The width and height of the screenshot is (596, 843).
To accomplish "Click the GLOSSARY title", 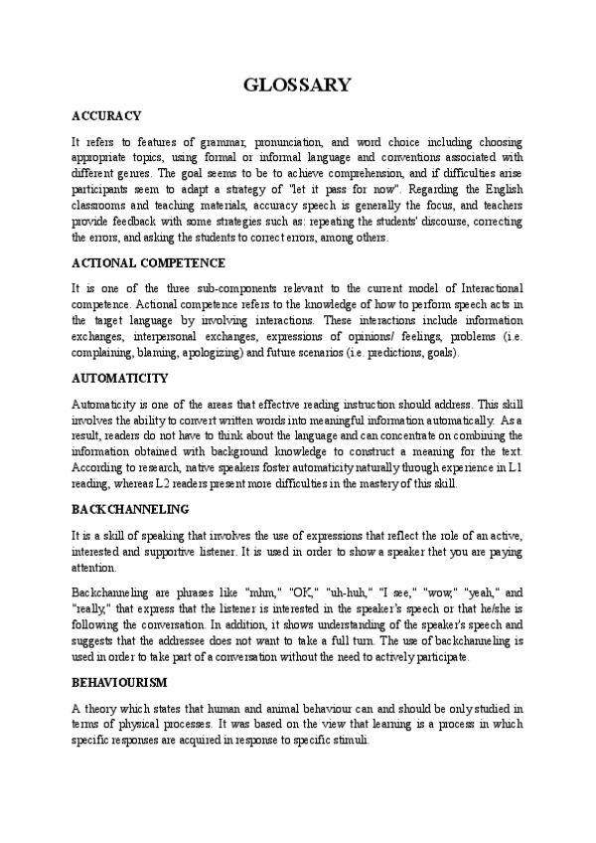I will [297, 84].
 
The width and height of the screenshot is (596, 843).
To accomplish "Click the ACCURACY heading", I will [106, 116].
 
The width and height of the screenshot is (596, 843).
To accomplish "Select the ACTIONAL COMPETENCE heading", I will [149, 262].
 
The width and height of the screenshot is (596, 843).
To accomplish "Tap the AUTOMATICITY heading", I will [120, 379].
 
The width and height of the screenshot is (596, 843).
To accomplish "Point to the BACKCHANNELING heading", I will [130, 509].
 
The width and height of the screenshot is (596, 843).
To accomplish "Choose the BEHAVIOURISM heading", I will [119, 684].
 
